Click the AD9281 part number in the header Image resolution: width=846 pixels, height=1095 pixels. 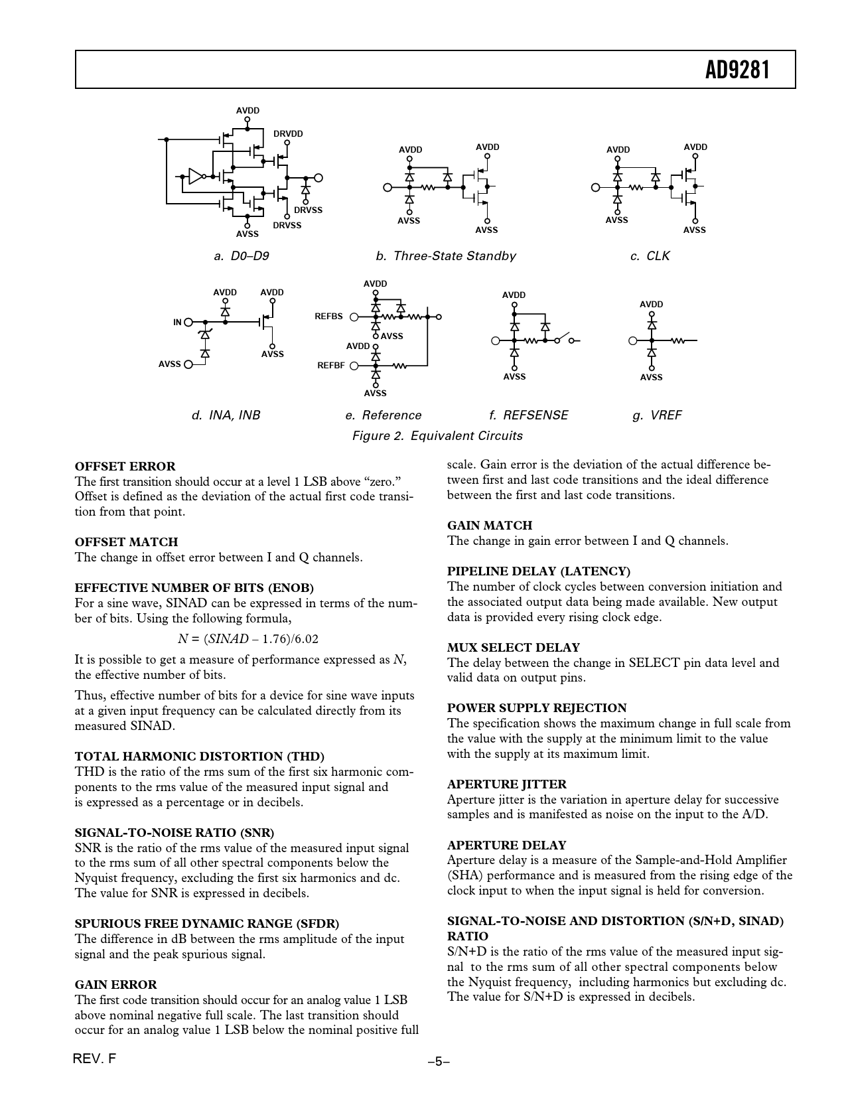pos(737,69)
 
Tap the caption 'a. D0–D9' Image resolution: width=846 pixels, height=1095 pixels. pos(242,256)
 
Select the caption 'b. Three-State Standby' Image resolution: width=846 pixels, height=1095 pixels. pos(445,256)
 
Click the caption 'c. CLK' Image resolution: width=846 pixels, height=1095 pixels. pos(650,256)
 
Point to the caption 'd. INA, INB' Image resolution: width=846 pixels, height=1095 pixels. pos(226,415)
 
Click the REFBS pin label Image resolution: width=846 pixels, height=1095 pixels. pos(328,317)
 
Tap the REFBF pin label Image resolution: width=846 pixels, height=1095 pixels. pos(330,365)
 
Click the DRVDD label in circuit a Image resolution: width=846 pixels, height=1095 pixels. pos(288,133)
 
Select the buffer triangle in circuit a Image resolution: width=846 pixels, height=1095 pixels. pos(196,176)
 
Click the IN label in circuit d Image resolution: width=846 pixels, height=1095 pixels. pos(177,322)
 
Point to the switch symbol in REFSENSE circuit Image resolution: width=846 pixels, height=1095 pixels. pos(561,338)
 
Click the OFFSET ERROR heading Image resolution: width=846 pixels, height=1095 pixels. pos(125,466)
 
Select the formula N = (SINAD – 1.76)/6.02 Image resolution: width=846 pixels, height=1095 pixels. pos(248,639)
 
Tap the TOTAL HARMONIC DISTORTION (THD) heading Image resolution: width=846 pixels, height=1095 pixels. pos(199,756)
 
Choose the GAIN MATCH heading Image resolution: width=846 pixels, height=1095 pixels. pos(489,525)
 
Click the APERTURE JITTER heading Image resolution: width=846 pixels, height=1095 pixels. pos(506,784)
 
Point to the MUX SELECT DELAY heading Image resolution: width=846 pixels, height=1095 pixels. pos(513,647)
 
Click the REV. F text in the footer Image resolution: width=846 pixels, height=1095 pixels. pos(94,1058)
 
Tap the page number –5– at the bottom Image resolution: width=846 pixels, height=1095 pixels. pos(439,1061)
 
